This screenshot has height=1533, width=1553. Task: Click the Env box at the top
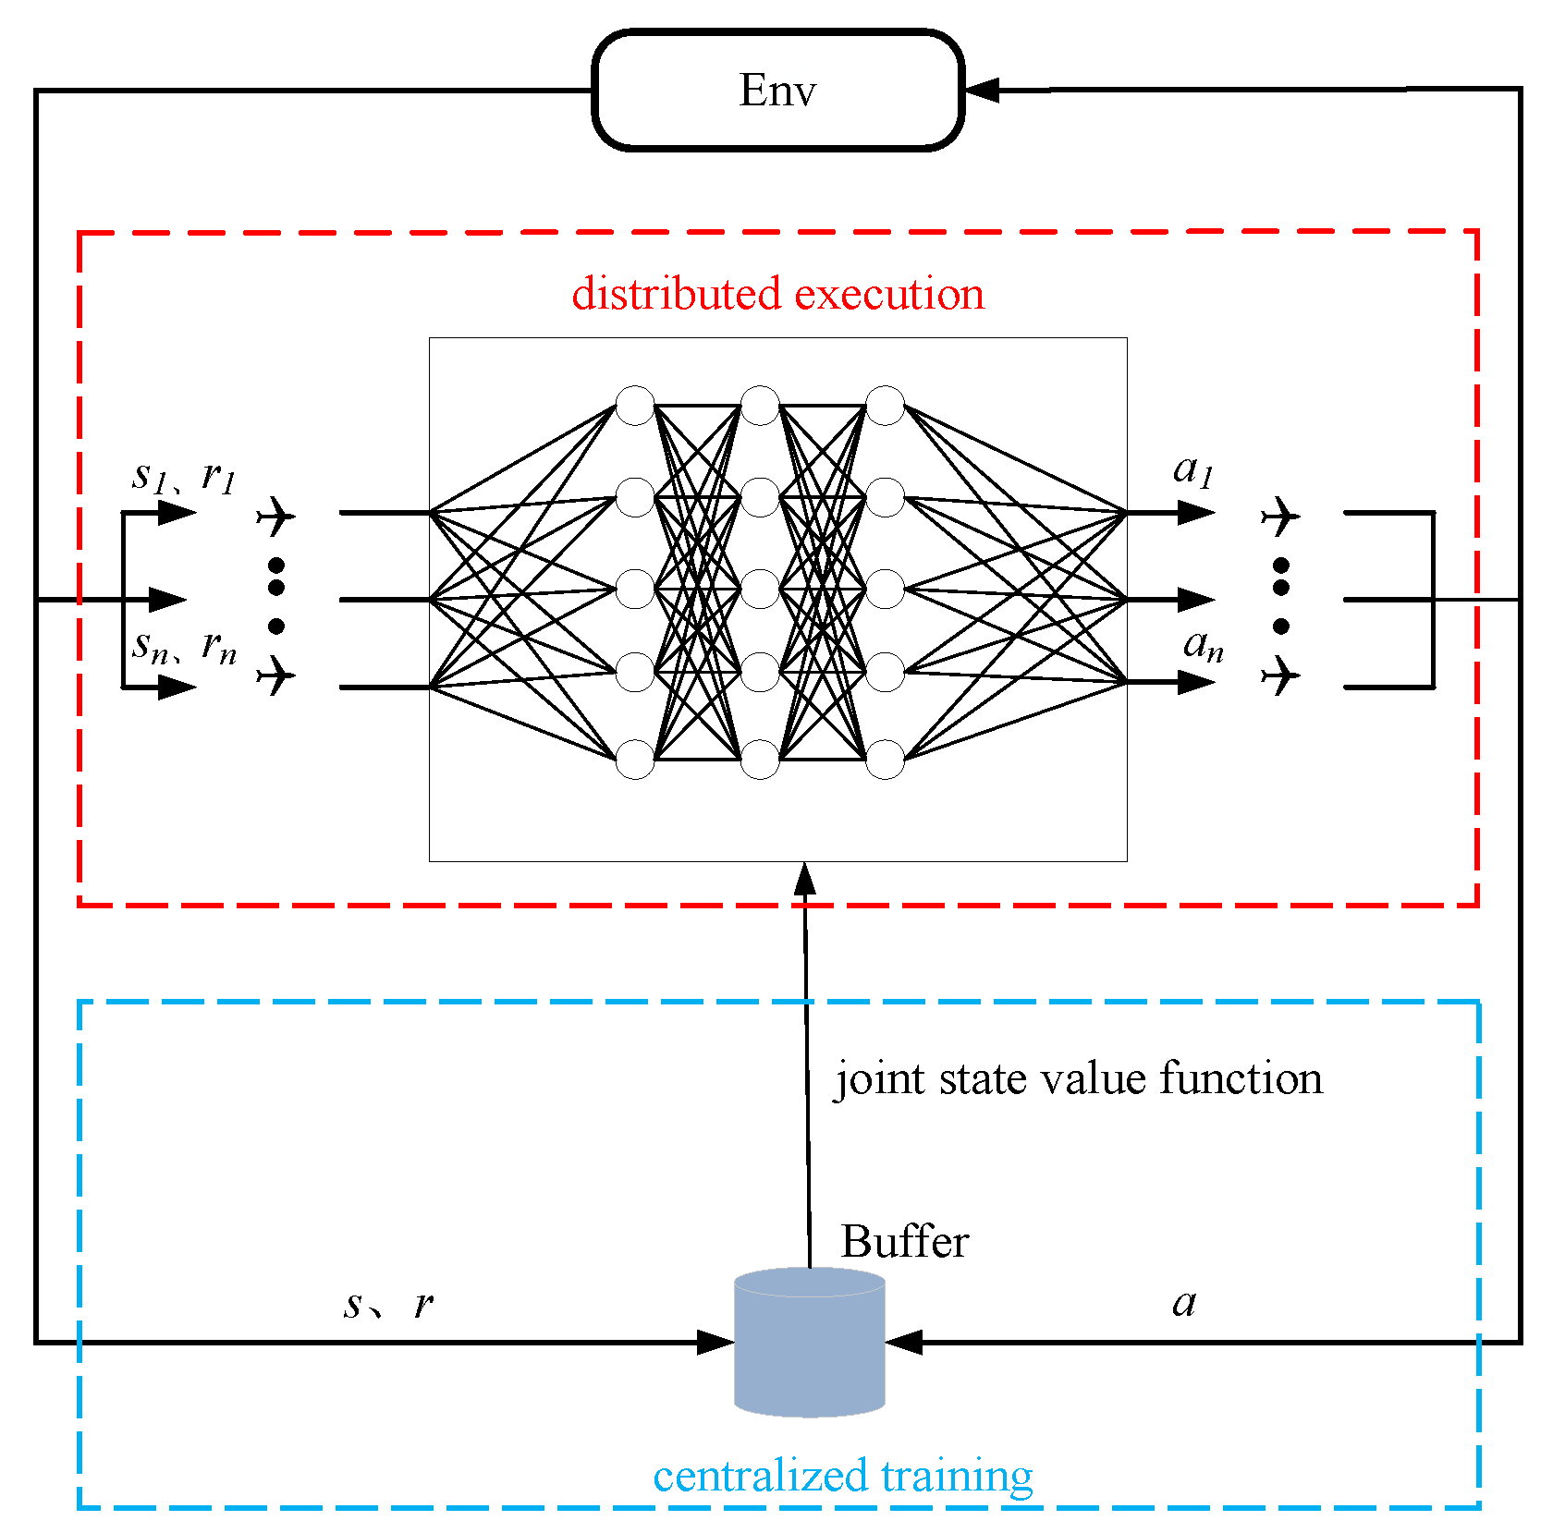coord(777,91)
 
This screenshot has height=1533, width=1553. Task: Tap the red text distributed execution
coord(777,294)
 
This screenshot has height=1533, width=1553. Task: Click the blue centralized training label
coord(842,1476)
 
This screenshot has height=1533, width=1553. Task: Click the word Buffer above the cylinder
coord(904,1241)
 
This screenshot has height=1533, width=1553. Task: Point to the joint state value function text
coord(1078,1078)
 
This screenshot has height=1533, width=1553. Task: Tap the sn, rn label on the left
coord(184,646)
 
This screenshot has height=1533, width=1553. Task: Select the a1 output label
coord(1192,470)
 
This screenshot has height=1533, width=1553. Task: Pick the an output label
coord(1203,644)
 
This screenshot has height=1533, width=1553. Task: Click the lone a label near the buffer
coord(1184,1303)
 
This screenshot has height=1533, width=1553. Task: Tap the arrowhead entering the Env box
coord(982,91)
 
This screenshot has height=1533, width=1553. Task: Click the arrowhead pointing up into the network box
coord(805,878)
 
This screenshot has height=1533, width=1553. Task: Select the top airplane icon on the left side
coord(275,516)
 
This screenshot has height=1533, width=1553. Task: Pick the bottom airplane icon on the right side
coord(1280,675)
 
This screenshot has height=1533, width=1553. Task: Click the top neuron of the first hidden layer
coord(635,406)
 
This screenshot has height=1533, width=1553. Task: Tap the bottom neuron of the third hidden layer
coord(885,759)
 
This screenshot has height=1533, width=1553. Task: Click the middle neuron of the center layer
coord(760,589)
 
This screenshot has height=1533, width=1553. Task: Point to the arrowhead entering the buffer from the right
coord(904,1342)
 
